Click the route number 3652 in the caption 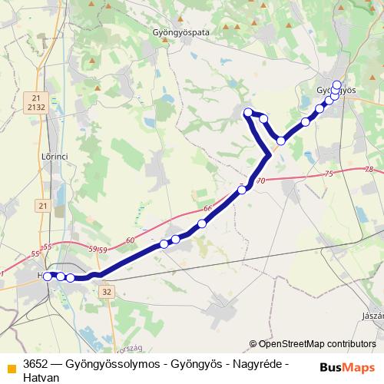click(36, 363)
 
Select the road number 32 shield click(106, 292)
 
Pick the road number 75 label click(329, 174)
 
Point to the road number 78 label click(369, 170)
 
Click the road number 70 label click(260, 181)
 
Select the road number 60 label click(129, 241)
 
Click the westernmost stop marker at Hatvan click(48, 276)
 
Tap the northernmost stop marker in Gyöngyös click(336, 84)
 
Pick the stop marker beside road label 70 click(242, 188)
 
